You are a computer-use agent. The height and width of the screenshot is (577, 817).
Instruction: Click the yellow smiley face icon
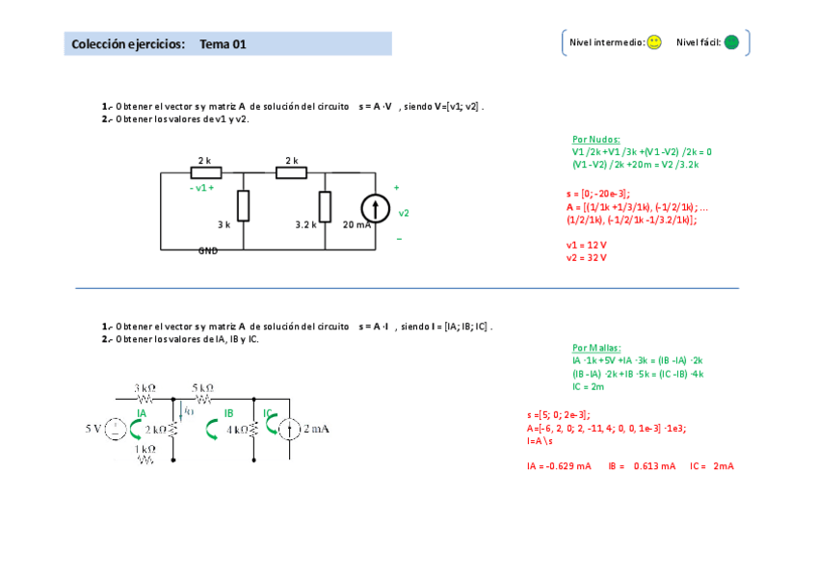[x=654, y=42]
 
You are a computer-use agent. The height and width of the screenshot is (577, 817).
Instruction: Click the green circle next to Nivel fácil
[x=731, y=42]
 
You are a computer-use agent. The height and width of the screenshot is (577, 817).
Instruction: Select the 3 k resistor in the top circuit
[x=244, y=205]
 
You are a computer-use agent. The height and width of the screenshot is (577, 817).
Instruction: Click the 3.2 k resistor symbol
[x=326, y=205]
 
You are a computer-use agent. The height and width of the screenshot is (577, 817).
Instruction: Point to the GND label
[x=208, y=250]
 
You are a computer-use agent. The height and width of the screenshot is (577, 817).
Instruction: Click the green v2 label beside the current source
[x=404, y=213]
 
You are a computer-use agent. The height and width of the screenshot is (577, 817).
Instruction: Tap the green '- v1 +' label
[x=201, y=188]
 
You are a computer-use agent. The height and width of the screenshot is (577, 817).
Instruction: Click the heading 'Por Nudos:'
[x=596, y=139]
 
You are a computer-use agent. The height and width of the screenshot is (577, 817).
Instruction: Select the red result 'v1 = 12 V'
[x=586, y=245]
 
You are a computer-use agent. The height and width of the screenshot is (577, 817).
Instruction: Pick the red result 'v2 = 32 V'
[x=586, y=257]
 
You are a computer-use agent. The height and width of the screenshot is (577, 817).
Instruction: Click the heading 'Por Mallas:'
[x=596, y=348]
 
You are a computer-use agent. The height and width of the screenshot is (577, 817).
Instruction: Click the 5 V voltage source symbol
[x=114, y=429]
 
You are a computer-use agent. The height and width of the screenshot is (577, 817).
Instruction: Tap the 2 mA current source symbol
[x=289, y=429]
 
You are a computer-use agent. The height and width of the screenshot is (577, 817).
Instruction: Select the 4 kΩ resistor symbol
[x=252, y=430]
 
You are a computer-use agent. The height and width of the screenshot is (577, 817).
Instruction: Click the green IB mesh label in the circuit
[x=228, y=413]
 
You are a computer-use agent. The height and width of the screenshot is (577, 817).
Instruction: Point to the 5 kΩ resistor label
[x=202, y=387]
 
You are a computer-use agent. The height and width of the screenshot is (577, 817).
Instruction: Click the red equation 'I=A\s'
[x=541, y=440]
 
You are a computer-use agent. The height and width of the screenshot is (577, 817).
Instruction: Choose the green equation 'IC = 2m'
[x=588, y=386]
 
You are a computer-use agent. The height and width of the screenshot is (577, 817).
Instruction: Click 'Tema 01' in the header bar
[x=224, y=44]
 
